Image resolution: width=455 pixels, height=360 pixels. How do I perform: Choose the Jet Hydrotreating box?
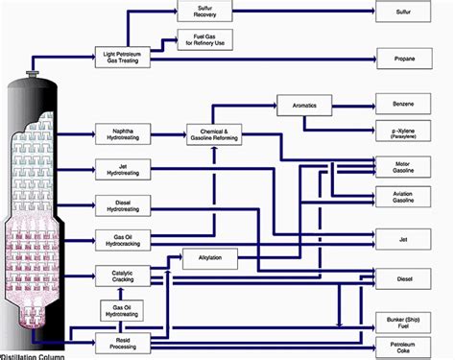[x=118, y=169]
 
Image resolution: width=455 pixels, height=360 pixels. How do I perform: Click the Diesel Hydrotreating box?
[x=118, y=204]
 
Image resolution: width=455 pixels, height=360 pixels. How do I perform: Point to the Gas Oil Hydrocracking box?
[x=118, y=238]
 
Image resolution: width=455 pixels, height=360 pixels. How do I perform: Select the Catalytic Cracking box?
[x=118, y=275]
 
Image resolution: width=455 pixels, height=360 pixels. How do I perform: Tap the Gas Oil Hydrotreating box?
[x=118, y=309]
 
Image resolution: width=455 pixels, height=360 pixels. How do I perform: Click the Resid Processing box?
[x=118, y=341]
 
